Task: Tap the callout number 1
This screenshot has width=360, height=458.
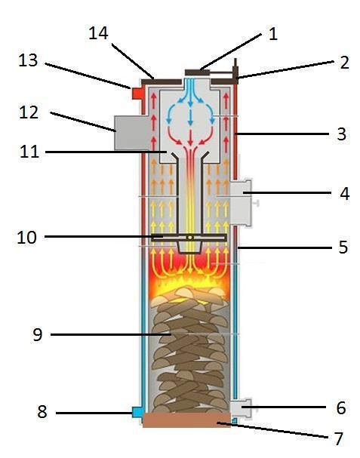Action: point(273,34)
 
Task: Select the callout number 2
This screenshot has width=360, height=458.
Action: point(344,63)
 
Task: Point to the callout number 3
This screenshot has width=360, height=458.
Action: point(341,134)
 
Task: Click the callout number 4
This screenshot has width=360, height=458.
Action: point(344,194)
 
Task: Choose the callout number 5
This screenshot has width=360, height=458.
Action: point(343,247)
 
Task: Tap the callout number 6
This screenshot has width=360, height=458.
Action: point(341,407)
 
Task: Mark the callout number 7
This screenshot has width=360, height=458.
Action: point(339,438)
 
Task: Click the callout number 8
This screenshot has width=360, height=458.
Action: point(42,412)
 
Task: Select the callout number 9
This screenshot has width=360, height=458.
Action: point(38,335)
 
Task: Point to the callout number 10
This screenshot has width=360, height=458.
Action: point(27,237)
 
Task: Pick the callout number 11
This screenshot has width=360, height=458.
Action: point(29,152)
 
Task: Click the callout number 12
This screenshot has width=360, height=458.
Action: point(29,112)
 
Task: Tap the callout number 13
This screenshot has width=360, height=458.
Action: point(28,60)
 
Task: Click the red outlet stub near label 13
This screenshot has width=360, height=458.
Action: point(137,94)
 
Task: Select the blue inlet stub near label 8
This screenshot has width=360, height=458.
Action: point(137,412)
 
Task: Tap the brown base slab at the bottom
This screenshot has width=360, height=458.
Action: point(186,420)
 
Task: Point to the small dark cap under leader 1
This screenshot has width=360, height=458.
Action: point(197,72)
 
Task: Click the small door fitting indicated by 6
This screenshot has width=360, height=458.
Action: point(242,407)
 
